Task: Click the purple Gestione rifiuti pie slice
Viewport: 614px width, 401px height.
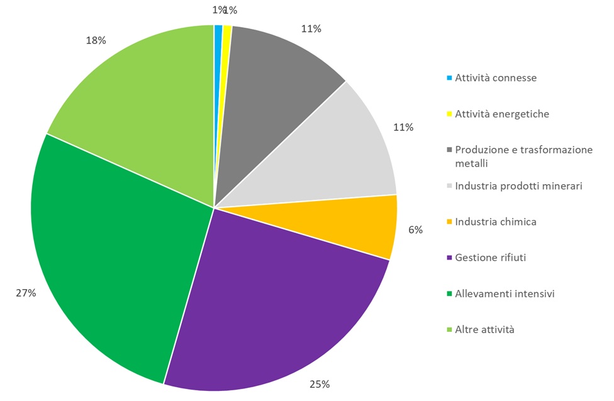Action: [x=277, y=308]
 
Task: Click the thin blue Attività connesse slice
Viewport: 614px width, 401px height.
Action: [x=218, y=50]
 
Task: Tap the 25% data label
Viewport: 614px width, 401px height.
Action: [x=320, y=384]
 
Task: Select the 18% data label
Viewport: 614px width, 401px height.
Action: [x=96, y=40]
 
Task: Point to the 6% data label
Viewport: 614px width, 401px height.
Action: [x=415, y=230]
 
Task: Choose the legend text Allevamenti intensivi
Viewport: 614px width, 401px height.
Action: [x=505, y=294]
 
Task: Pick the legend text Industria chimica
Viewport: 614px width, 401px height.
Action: [x=496, y=222]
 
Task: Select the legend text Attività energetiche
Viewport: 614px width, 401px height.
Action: [x=502, y=114]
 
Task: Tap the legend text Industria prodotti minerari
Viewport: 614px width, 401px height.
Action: [x=518, y=186]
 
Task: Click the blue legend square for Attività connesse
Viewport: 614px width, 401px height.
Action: [x=449, y=79]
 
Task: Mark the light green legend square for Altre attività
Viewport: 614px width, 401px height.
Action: [x=449, y=329]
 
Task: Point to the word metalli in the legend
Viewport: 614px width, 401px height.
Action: [x=472, y=163]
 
